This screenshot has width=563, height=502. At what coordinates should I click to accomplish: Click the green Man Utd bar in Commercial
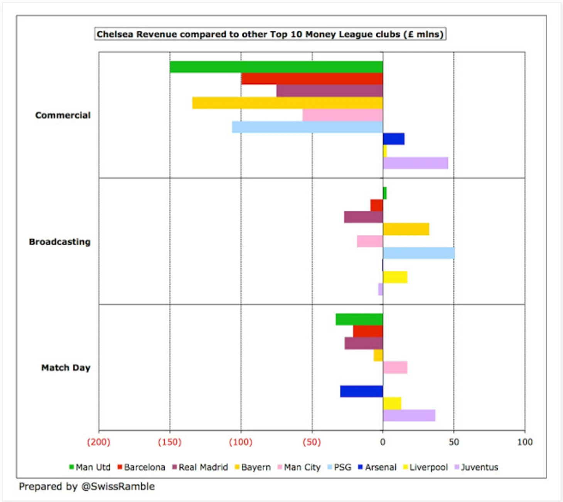click(x=276, y=67)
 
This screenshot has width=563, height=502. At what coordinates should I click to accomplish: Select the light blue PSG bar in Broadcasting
click(x=419, y=253)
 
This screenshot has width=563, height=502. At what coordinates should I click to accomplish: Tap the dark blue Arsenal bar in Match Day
click(x=361, y=391)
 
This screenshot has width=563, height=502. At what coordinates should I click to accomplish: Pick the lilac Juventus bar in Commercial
click(x=415, y=163)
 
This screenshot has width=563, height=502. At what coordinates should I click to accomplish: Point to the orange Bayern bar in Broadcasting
click(x=406, y=229)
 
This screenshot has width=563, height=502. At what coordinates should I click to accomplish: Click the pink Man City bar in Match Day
click(x=395, y=367)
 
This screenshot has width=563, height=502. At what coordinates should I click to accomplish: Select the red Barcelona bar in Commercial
click(x=312, y=79)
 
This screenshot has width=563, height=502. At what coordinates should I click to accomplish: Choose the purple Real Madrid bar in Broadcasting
click(x=363, y=217)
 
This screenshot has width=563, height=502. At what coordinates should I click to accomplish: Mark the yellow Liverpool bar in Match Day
click(x=392, y=403)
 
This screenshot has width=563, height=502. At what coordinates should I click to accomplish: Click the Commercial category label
click(x=63, y=115)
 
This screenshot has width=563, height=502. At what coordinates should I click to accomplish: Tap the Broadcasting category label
click(x=60, y=242)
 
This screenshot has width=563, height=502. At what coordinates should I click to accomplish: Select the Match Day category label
click(x=66, y=368)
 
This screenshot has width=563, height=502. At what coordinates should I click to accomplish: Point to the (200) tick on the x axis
click(x=99, y=442)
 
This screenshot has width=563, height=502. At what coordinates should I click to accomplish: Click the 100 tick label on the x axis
click(x=525, y=442)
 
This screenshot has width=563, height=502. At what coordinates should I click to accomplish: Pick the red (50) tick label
click(x=312, y=442)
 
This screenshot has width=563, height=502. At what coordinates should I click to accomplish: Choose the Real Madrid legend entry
click(x=200, y=467)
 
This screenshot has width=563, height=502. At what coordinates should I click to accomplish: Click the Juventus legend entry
click(x=477, y=467)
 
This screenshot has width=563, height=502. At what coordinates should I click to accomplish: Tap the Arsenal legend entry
click(x=378, y=467)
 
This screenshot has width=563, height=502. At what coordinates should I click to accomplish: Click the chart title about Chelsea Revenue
click(x=270, y=34)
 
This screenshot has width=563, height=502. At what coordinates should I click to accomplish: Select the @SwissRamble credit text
click(x=87, y=487)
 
